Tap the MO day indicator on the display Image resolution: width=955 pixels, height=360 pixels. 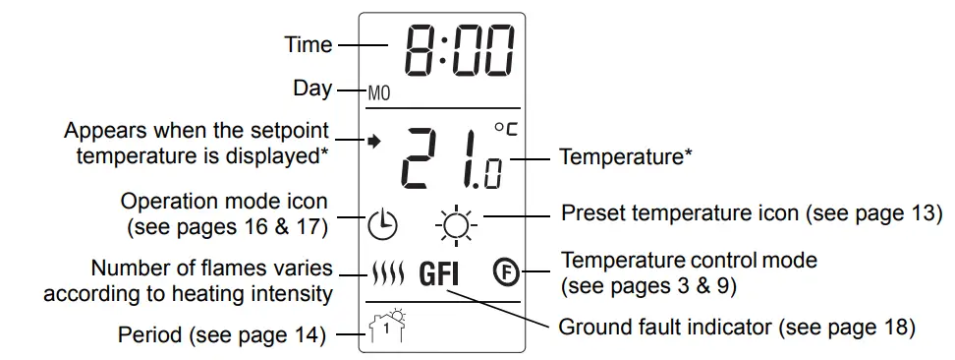click(x=379, y=93)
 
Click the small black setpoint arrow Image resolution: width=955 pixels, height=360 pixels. click(x=372, y=141)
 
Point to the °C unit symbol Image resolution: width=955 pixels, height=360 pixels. click(x=504, y=128)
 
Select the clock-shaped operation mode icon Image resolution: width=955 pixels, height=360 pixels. click(x=383, y=225)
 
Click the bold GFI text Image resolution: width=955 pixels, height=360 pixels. click(x=439, y=272)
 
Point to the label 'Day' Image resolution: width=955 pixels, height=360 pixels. click(x=313, y=88)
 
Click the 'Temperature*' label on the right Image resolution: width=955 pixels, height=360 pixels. click(x=620, y=155)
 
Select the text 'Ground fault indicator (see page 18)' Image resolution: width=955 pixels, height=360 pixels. click(x=737, y=326)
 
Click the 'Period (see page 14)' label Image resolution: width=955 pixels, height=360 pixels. click(x=221, y=334)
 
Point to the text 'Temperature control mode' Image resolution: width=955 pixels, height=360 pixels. click(x=689, y=261)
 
